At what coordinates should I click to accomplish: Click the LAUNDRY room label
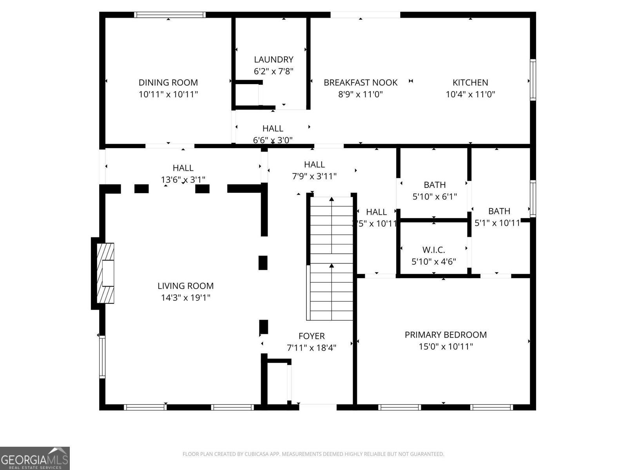(274, 60)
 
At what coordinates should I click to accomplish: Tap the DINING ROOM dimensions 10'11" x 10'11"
(168, 94)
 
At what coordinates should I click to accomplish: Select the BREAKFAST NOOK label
(361, 83)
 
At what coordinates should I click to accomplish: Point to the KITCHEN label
(470, 83)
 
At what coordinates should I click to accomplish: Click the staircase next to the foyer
(332, 258)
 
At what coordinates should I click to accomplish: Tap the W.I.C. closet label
(434, 250)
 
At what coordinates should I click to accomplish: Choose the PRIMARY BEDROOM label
(446, 335)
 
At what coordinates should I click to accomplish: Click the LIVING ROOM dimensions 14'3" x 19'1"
(186, 298)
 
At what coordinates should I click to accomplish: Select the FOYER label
(312, 336)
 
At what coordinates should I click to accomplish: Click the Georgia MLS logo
(35, 458)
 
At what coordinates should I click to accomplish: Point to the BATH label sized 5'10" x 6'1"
(435, 185)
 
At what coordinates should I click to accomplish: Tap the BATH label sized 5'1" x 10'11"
(499, 211)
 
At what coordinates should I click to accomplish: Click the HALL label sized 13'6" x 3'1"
(183, 168)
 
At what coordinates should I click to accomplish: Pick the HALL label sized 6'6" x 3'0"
(273, 128)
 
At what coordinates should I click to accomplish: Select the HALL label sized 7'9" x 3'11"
(314, 164)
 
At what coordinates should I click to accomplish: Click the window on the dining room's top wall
(170, 15)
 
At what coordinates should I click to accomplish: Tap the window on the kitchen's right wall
(533, 80)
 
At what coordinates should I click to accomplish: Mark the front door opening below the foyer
(317, 407)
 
